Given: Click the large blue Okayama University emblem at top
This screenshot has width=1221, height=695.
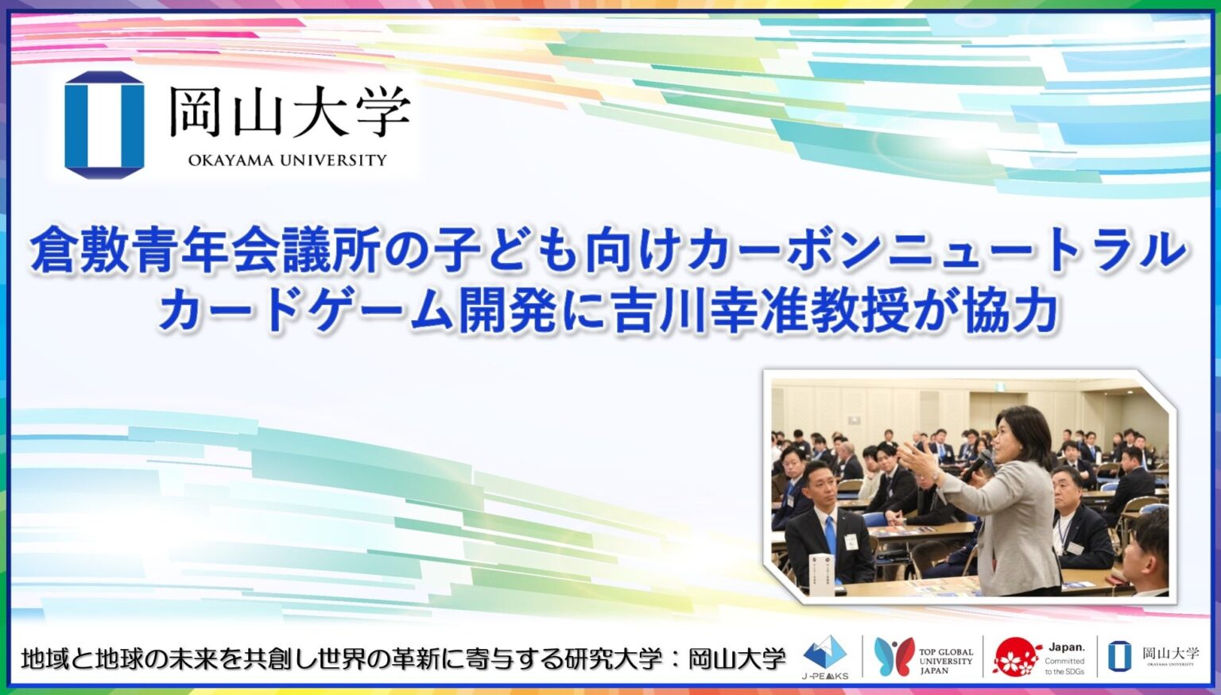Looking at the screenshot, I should click(104, 125).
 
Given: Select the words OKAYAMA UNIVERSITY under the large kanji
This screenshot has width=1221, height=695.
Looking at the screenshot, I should click(287, 160).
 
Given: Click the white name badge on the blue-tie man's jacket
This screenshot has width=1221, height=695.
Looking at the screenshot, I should click(851, 542).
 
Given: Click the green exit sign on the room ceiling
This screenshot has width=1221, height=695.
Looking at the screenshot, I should click(1002, 387).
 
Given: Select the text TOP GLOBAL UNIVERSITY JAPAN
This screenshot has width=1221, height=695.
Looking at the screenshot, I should click(945, 661).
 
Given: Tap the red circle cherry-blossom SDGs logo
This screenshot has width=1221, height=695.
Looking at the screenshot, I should click(1017, 657).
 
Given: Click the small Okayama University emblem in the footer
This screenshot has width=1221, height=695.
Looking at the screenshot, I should click(1119, 657).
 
